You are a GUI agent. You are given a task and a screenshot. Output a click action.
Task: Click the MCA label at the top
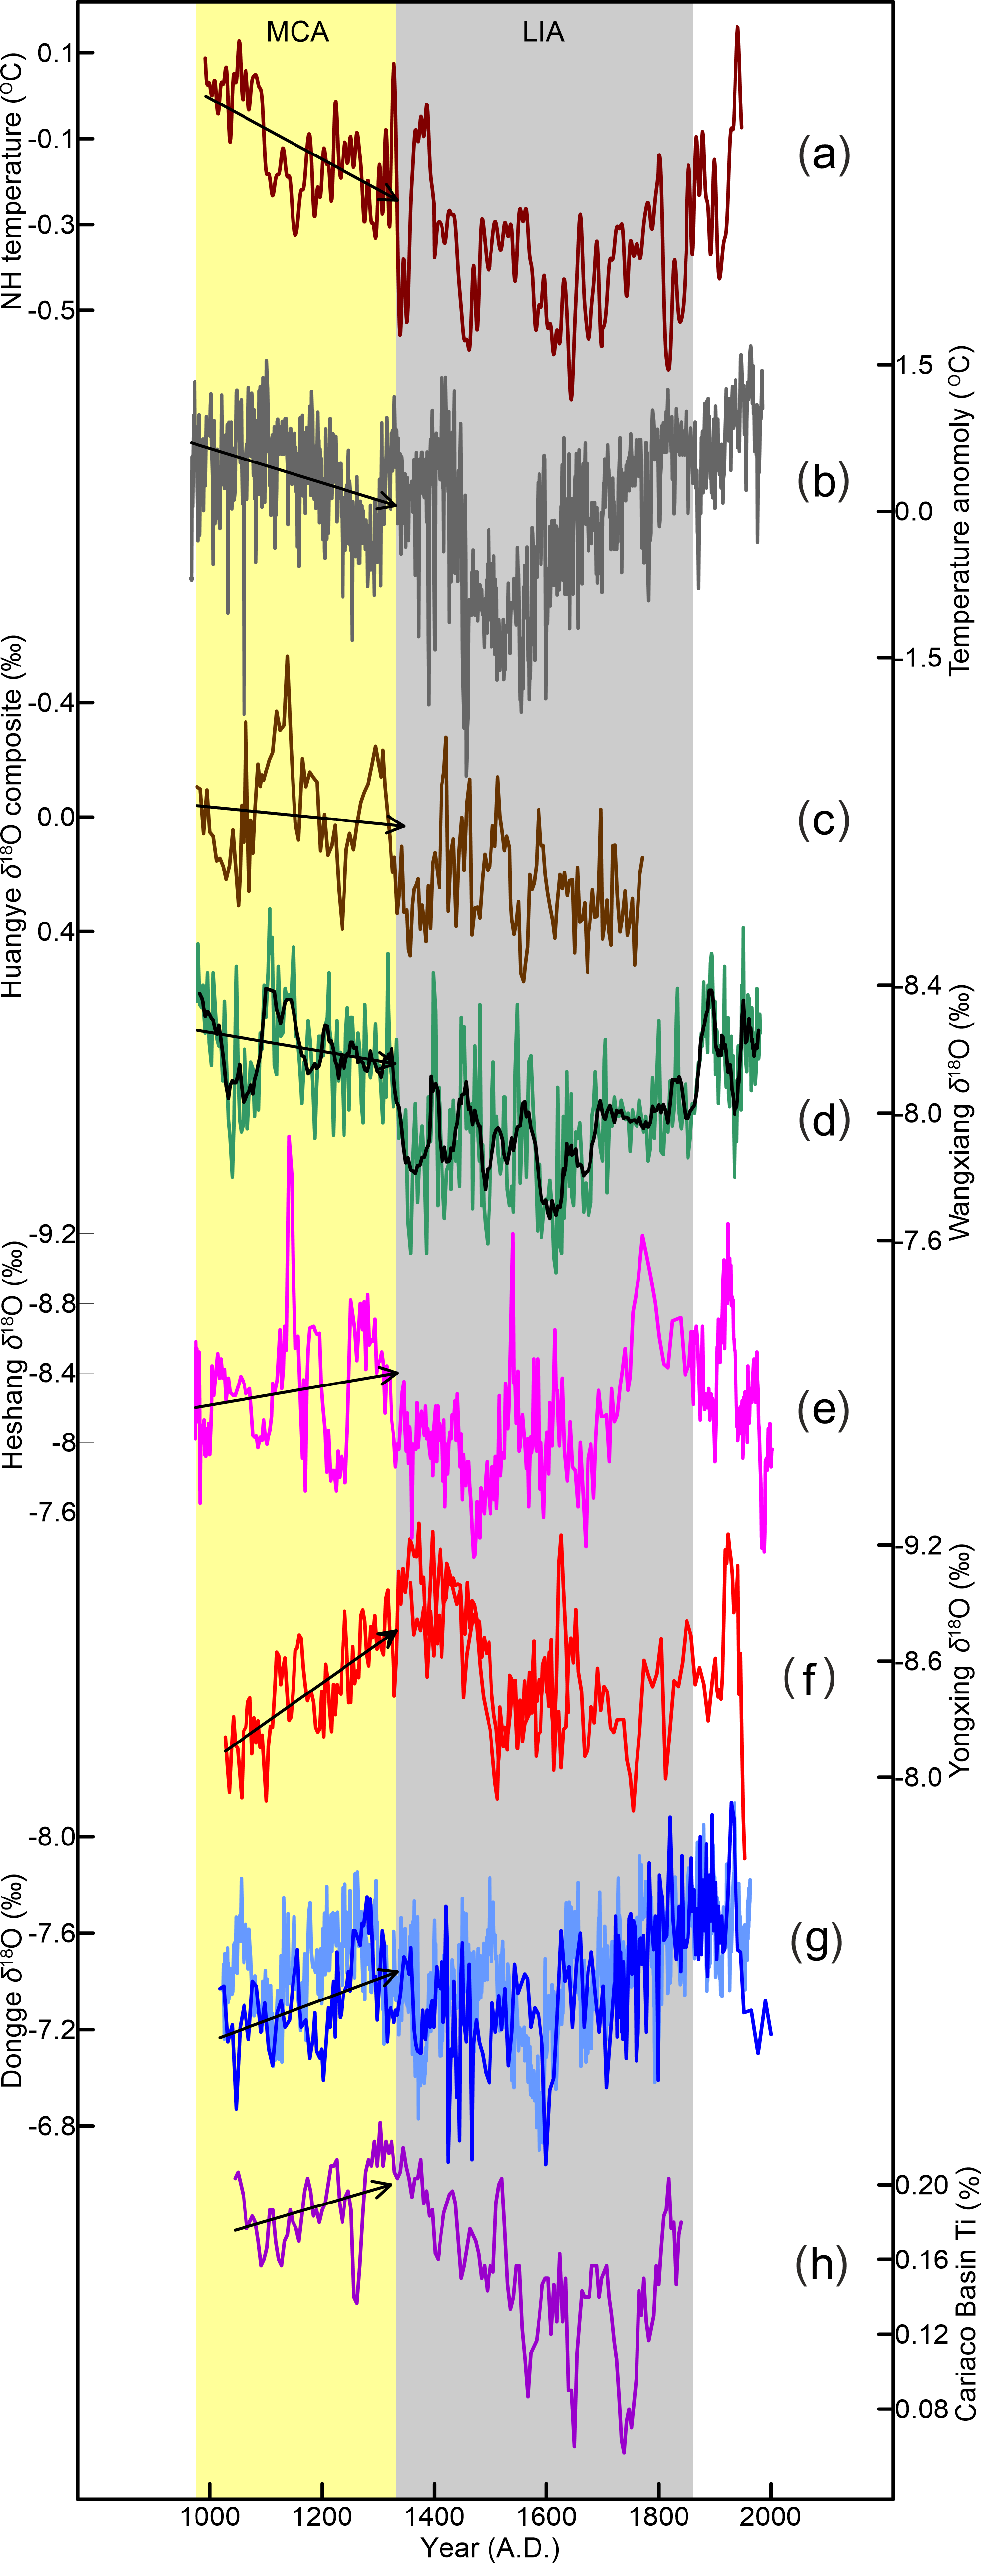297,33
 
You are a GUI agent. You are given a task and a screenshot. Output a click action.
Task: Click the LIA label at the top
543,33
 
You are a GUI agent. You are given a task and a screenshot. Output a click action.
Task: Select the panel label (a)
824,155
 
